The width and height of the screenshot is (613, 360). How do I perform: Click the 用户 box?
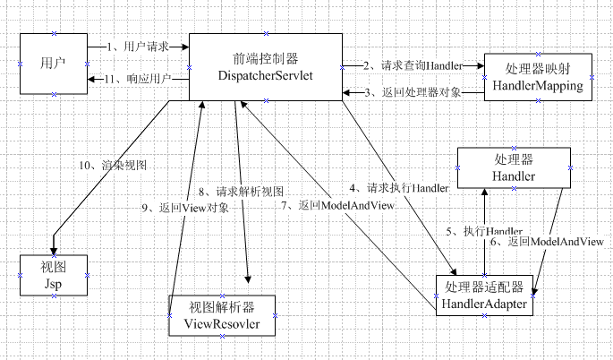[x=53, y=64]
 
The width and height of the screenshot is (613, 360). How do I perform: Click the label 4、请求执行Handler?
[x=399, y=188]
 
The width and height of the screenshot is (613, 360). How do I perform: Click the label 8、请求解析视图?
[x=241, y=192]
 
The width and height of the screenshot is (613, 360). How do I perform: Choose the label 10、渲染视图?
[x=112, y=166]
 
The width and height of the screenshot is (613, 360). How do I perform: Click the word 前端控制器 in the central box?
[x=265, y=56]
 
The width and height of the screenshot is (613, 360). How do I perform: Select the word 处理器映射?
[x=537, y=69]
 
